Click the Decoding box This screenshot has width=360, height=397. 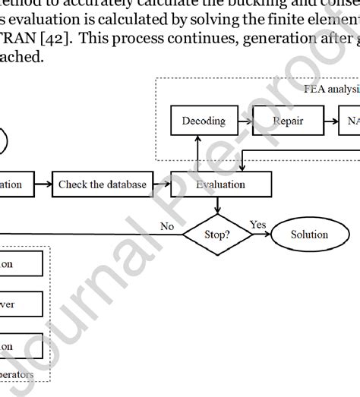click(x=199, y=121)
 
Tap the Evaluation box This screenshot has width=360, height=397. click(x=220, y=184)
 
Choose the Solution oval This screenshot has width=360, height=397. click(x=309, y=235)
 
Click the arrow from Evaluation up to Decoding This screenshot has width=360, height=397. click(x=199, y=151)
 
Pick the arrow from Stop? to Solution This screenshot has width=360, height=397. click(x=261, y=235)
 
